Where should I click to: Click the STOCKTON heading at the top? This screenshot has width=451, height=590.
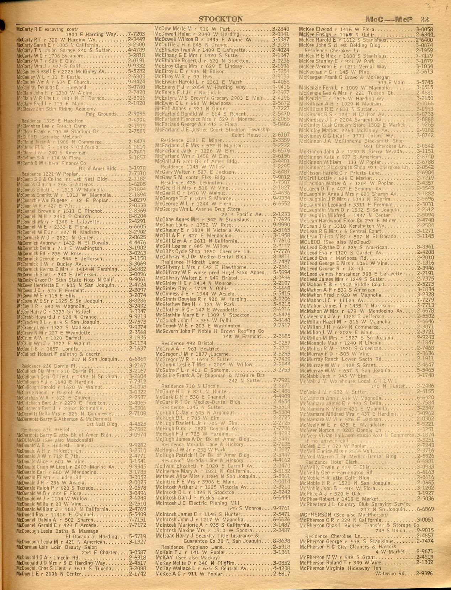coord(221,19)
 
